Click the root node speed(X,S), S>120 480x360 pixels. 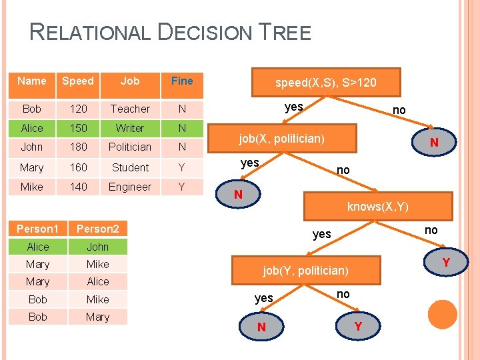pos(326,83)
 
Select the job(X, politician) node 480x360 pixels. pos(282,139)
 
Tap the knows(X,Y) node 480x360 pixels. pos(377,207)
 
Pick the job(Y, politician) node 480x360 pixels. pos(305,270)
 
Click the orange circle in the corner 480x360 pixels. pos(442,314)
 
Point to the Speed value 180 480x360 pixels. pos(78,147)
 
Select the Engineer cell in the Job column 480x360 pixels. pos(130,187)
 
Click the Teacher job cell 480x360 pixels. pos(130,109)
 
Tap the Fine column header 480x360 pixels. pos(182,81)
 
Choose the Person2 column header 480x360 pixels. pos(97,229)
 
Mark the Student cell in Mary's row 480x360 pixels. pos(130,167)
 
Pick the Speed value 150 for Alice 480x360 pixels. pos(78,128)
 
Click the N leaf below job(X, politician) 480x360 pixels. pos(237,195)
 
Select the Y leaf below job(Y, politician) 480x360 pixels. pos(359,326)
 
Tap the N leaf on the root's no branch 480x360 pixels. pos(433,143)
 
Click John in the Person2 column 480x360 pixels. pos(97,247)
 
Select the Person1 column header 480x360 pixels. pos(38,229)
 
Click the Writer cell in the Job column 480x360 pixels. pos(130,128)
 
